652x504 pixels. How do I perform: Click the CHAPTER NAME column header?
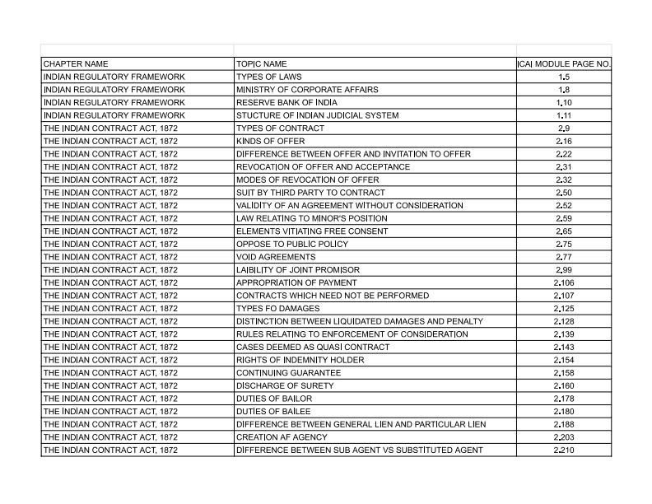[76, 63]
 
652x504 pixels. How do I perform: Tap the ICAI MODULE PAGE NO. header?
[564, 63]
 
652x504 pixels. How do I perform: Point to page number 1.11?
[564, 115]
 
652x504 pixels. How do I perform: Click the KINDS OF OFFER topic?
[271, 142]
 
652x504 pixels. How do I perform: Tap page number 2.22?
[564, 154]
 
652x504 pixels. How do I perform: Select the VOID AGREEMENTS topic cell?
[276, 257]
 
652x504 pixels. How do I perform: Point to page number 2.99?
[564, 270]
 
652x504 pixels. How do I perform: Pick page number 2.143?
[564, 347]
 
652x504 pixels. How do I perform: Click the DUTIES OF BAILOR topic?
[274, 399]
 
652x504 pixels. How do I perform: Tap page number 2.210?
[564, 450]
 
